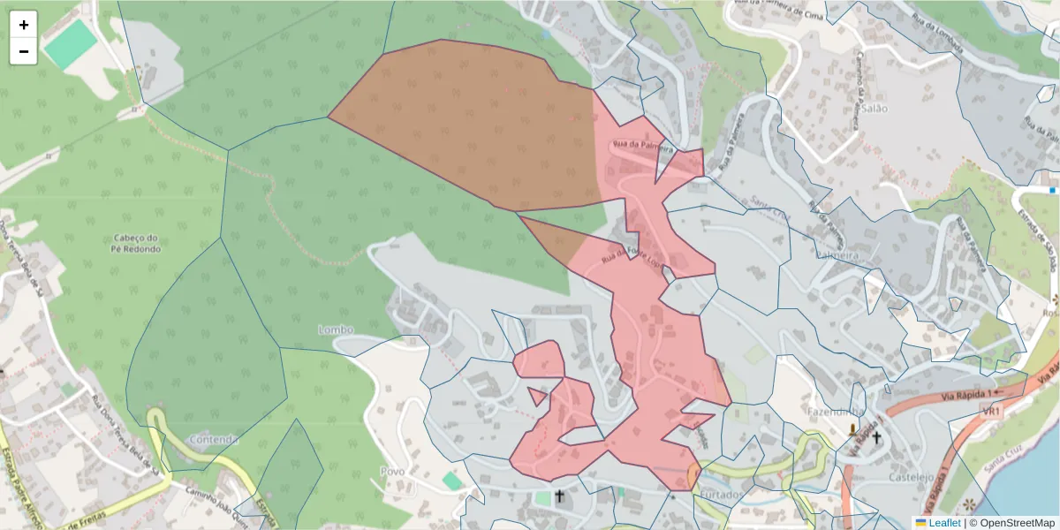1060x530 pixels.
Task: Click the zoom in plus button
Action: pos(24,25)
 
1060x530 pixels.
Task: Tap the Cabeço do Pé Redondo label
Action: pos(137,243)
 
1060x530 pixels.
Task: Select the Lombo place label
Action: pos(336,329)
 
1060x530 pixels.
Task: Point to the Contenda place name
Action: pos(214,439)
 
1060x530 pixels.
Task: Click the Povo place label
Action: pos(392,471)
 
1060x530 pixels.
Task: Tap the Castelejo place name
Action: pos(913,476)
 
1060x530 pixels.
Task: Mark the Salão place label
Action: pos(874,108)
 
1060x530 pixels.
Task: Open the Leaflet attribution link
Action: pos(943,523)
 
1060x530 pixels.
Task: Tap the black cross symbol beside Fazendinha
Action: pos(876,437)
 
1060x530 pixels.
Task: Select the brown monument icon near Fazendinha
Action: pos(852,430)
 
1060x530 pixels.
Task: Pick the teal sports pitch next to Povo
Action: pos(451,480)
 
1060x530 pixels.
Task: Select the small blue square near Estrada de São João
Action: pos(1053,190)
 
